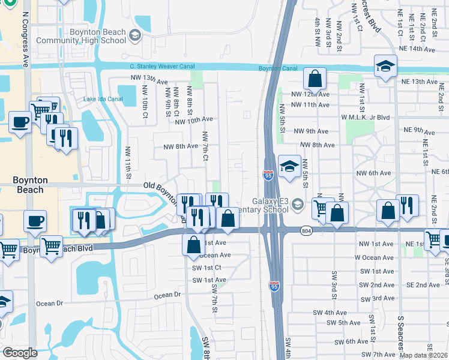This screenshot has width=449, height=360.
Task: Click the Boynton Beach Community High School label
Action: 82,36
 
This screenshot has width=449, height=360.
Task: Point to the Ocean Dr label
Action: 167,295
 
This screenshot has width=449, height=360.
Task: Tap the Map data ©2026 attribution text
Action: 424,355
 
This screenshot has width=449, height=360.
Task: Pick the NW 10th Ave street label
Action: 194,120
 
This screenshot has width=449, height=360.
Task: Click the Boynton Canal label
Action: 278,68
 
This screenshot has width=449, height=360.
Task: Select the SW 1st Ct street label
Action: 206,268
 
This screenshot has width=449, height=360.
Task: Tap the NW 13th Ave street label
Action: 149,79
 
